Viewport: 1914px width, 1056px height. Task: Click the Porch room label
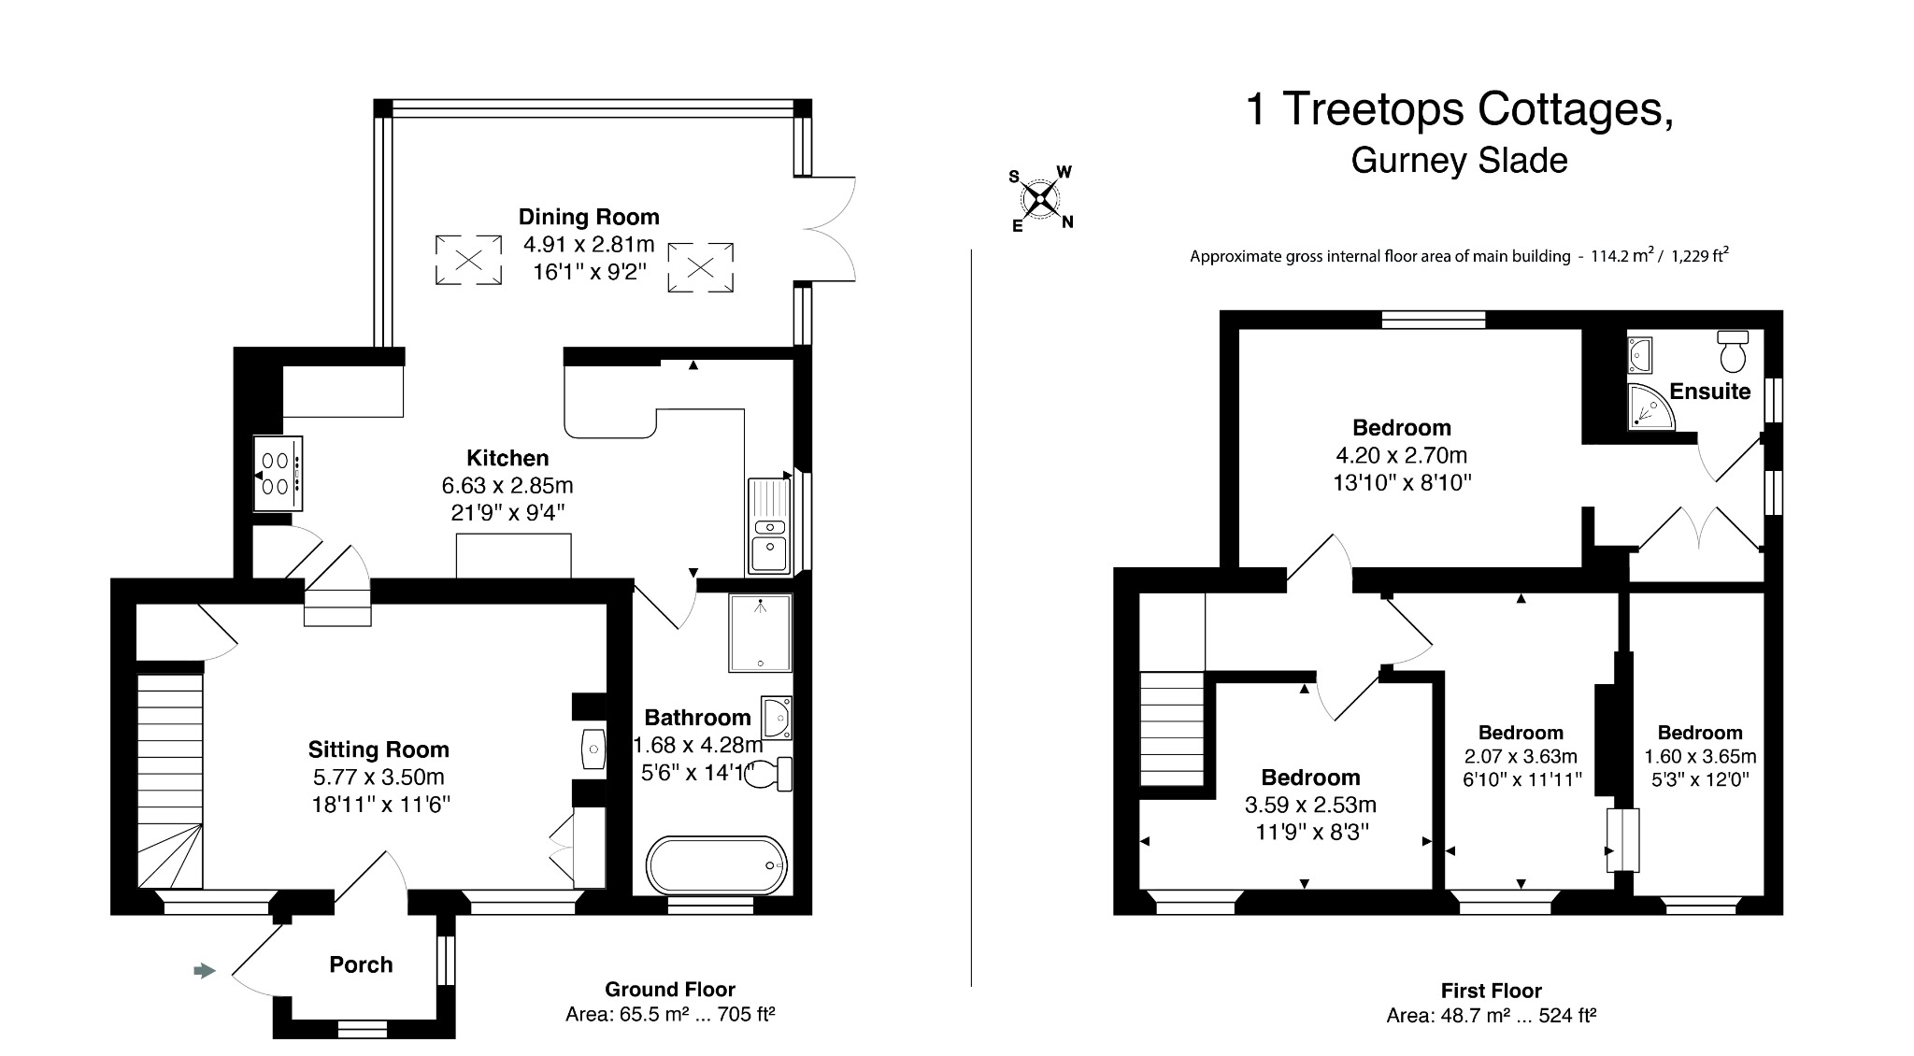coord(361,964)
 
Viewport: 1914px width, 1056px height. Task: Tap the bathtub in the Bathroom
coord(717,865)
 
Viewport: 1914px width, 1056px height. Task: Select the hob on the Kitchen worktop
coord(278,473)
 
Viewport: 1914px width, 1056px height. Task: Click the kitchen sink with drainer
coord(768,526)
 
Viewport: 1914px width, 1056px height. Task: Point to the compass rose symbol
coord(1040,198)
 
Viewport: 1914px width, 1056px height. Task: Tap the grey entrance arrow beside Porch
coord(204,971)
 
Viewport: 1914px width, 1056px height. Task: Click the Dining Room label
coord(589,217)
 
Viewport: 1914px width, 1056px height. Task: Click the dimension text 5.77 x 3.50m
coord(379,777)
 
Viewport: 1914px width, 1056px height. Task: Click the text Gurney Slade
coord(1459,161)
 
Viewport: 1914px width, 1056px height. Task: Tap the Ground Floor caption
coord(670,989)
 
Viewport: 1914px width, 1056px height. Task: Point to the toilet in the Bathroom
coord(770,775)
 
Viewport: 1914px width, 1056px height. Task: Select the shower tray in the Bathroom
coord(760,633)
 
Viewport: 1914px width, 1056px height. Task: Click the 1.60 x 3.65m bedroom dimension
coord(1700,756)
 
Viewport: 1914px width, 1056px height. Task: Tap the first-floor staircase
coord(1172,729)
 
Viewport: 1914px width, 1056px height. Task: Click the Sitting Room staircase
coord(170,776)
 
